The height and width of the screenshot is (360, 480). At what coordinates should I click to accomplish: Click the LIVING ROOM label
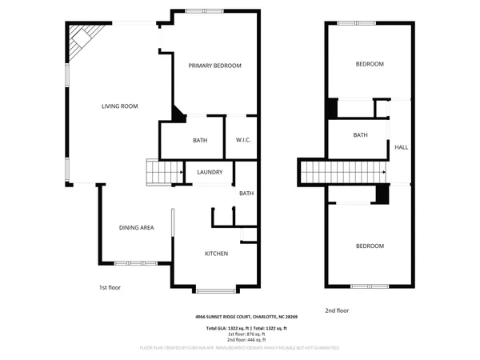point(120,106)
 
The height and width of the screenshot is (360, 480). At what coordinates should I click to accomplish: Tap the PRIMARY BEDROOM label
point(214,66)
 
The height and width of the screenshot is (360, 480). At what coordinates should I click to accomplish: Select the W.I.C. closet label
point(243,141)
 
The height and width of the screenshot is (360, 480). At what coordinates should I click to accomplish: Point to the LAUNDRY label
point(210,172)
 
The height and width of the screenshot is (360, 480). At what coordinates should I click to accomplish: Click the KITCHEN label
point(216,254)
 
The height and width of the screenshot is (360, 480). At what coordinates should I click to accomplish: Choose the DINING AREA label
point(136,228)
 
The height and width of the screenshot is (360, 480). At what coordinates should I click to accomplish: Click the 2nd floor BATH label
point(360,135)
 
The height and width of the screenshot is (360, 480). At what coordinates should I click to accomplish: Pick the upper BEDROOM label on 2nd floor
point(370,64)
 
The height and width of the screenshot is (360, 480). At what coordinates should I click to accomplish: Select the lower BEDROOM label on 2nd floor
point(370,246)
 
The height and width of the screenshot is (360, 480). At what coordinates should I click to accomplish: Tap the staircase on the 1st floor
point(158,171)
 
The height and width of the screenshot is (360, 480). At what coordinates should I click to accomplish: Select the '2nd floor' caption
point(337,310)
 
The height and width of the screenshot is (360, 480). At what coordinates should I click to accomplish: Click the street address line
point(250,317)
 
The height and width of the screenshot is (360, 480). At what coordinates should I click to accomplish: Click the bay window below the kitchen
point(215,289)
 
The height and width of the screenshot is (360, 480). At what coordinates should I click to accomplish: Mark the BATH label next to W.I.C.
point(200,141)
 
